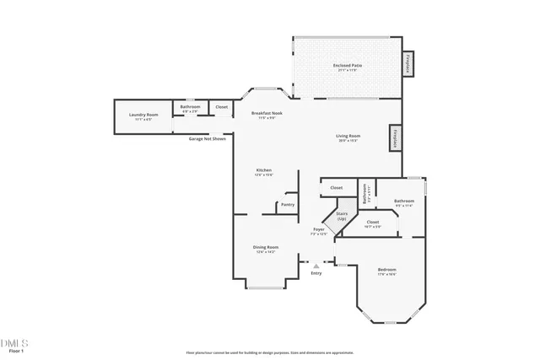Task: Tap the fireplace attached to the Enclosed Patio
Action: pos(408,65)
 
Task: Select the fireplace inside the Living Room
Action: pos(394,138)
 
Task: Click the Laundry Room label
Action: pos(143,116)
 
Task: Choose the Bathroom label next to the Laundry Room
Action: pos(190,108)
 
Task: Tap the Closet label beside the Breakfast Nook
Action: pos(221,107)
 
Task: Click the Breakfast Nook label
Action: pos(267,115)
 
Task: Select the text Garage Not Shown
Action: pos(207,138)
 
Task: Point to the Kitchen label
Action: pos(264,172)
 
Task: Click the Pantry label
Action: pos(287,205)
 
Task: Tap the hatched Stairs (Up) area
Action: pos(343,216)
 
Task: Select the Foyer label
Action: pos(319,231)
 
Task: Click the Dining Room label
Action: pos(266,249)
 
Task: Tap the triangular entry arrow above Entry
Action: pos(316,265)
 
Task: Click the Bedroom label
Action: pos(386,271)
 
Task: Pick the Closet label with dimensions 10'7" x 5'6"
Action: pos(372,223)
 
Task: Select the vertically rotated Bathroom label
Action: pos(364,195)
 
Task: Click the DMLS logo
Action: pos(14,343)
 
